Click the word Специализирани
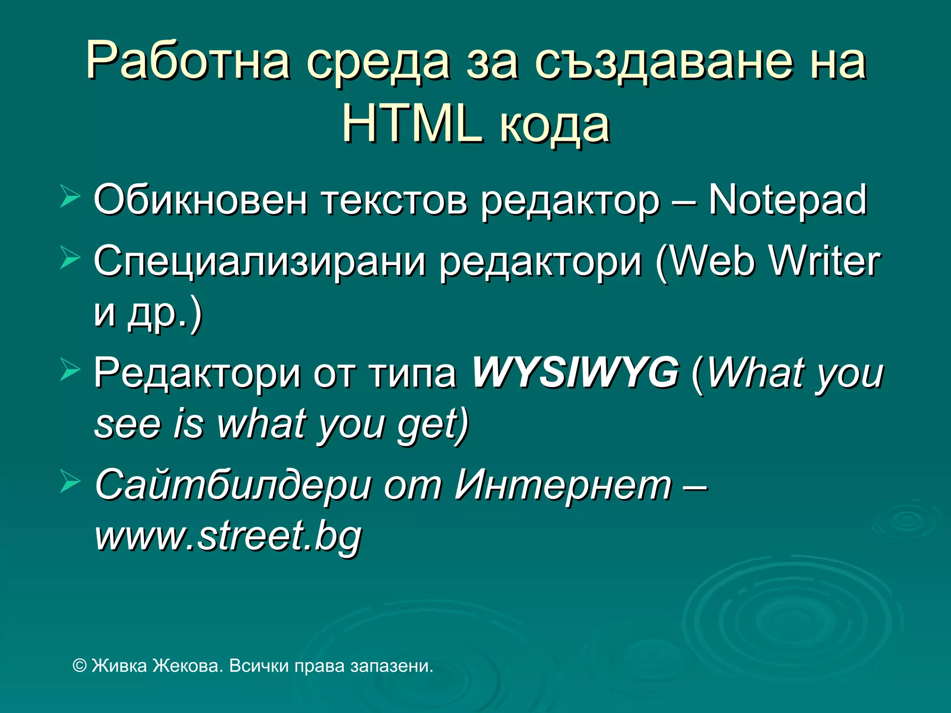(260, 262)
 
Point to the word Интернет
(563, 485)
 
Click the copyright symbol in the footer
(80, 666)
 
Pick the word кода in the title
(554, 124)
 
